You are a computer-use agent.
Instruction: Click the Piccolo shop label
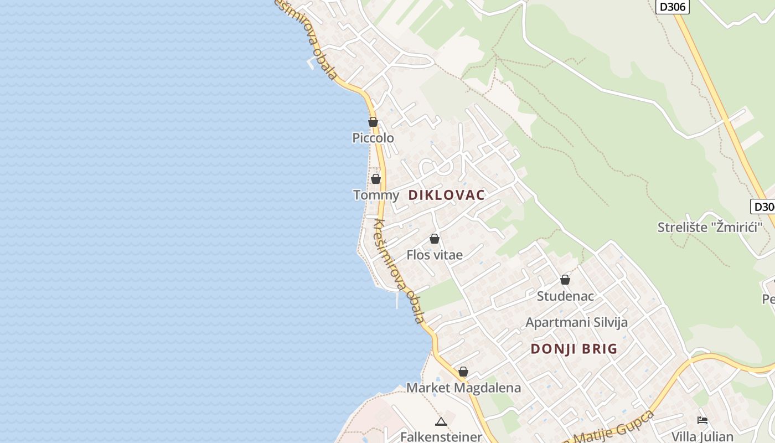click(373, 138)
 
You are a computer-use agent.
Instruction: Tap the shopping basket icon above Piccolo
click(373, 122)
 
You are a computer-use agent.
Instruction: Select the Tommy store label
click(376, 195)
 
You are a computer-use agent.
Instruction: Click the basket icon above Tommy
click(376, 179)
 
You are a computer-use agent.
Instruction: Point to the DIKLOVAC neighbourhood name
click(446, 195)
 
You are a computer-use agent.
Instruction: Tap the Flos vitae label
click(435, 255)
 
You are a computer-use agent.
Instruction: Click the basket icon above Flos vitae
click(435, 239)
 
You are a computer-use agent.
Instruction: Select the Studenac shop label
click(565, 296)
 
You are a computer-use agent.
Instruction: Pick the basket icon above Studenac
click(565, 280)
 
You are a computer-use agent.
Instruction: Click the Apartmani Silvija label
click(576, 322)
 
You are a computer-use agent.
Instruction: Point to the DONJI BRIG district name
click(573, 349)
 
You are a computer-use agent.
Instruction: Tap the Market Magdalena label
click(463, 388)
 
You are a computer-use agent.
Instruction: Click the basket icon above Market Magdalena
click(463, 372)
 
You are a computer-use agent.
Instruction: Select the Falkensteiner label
click(441, 436)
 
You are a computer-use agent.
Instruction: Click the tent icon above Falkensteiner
click(441, 422)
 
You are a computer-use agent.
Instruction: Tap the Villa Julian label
click(702, 436)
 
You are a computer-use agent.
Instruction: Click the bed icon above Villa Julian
click(702, 420)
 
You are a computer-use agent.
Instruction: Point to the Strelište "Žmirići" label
click(710, 227)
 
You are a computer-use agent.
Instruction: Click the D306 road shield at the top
click(673, 7)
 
